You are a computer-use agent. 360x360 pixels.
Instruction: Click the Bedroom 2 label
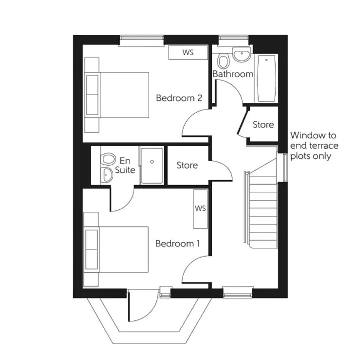click(x=178, y=98)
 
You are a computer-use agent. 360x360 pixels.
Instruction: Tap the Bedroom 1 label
click(x=177, y=243)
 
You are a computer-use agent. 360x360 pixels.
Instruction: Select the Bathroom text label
click(x=233, y=74)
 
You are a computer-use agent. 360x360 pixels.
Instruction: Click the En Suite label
click(x=125, y=165)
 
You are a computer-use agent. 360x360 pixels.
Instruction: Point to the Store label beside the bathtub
click(x=263, y=124)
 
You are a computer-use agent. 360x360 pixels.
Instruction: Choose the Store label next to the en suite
click(x=187, y=165)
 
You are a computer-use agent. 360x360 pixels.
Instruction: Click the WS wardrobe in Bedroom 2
click(x=188, y=52)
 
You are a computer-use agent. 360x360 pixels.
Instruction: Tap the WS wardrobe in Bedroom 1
click(x=200, y=209)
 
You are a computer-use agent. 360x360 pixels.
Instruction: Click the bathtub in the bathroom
click(x=266, y=78)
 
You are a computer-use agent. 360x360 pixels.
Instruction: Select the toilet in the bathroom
click(x=223, y=62)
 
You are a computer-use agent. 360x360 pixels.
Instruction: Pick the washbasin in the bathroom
click(x=241, y=54)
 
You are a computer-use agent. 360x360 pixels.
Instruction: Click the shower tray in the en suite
click(x=152, y=165)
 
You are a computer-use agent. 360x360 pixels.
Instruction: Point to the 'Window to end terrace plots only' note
click(x=314, y=146)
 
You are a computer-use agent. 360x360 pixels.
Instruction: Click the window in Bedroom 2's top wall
click(x=141, y=40)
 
